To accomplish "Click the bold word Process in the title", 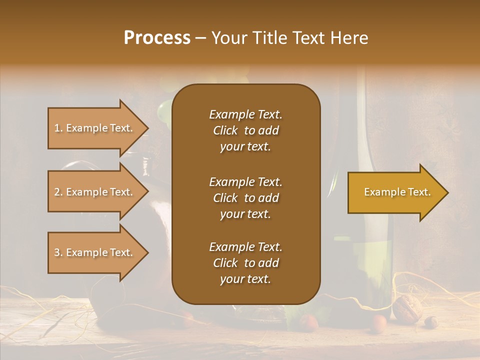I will pyautogui.click(x=157, y=38).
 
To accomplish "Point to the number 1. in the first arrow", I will pyautogui.click(x=58, y=128).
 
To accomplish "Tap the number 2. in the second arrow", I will pyautogui.click(x=58, y=192).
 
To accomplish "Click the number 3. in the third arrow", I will pyautogui.click(x=58, y=252).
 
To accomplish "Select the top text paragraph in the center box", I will pyautogui.click(x=245, y=130).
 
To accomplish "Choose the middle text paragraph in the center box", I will pyautogui.click(x=245, y=198).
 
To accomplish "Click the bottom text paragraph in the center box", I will pyautogui.click(x=245, y=263).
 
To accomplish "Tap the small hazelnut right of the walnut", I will pyautogui.click(x=430, y=322).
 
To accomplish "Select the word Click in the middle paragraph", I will pyautogui.click(x=225, y=198).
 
